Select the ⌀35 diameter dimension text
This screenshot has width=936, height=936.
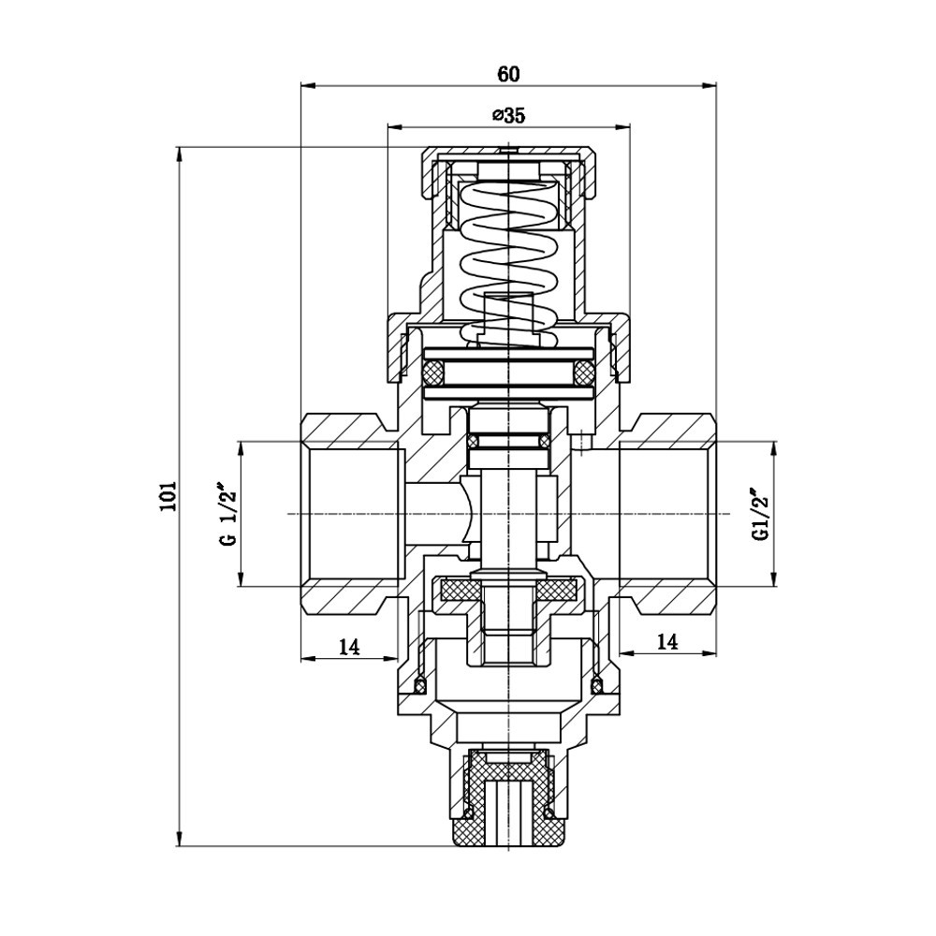tap(507, 115)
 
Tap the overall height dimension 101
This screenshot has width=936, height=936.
tap(167, 496)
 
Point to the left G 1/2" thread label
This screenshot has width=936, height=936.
tap(225, 515)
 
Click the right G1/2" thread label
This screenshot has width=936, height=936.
tap(759, 515)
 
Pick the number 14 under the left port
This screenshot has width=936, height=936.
tap(349, 645)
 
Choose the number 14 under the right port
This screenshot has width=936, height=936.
tap(666, 642)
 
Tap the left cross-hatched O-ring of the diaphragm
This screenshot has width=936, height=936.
tap(432, 373)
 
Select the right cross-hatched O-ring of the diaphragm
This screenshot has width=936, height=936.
tap(582, 373)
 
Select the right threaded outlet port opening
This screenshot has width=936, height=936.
tap(665, 515)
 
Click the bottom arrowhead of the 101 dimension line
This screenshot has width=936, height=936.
tap(179, 841)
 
